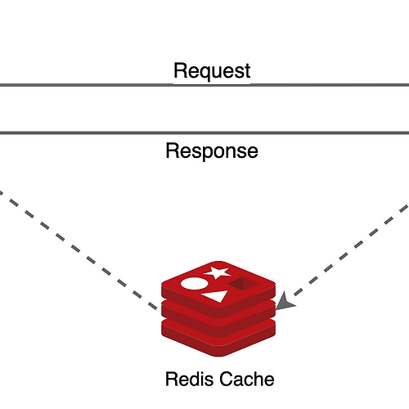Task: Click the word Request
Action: pos(212,70)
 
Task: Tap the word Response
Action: pos(212,151)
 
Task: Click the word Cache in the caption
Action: pos(247,379)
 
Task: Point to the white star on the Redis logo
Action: pos(217,272)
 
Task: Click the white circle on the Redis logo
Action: pos(195,284)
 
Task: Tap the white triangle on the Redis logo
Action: pos(215,296)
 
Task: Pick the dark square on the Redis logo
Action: pos(244,284)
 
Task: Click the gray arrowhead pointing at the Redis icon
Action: pos(285,302)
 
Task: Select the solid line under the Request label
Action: pos(204,85)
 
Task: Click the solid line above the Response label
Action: pos(204,133)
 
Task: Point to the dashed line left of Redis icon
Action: pos(79,250)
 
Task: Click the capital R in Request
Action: pos(181,70)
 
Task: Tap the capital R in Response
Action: pos(173,151)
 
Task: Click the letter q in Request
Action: pos(206,74)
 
